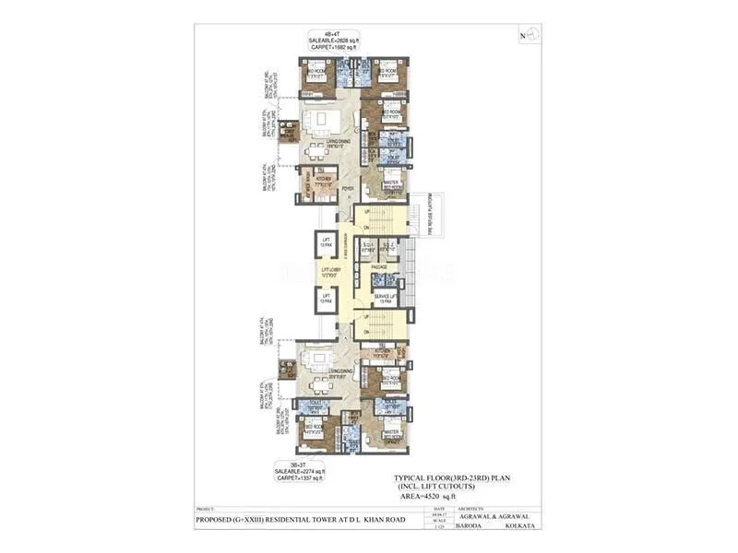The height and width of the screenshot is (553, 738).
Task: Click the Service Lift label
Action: point(384,295)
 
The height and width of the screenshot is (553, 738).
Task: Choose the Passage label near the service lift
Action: point(378,266)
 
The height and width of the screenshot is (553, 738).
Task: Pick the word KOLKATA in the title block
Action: point(518,525)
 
